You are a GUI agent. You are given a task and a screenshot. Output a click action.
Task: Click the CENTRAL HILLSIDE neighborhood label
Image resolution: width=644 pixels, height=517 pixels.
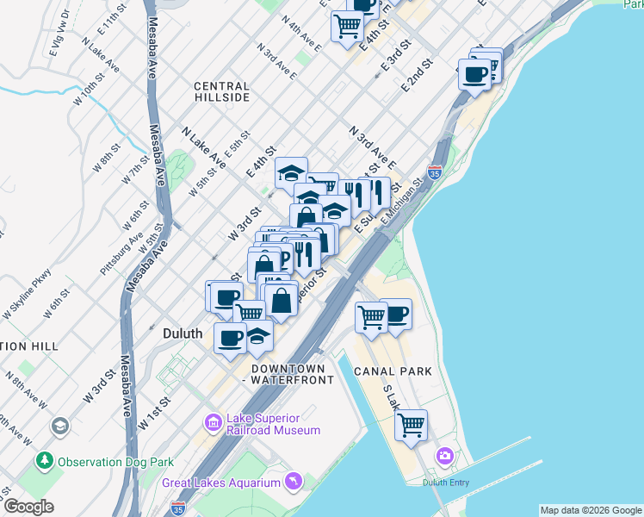pos(221,91)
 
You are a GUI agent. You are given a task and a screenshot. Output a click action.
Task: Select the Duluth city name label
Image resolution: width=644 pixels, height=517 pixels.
pos(183,333)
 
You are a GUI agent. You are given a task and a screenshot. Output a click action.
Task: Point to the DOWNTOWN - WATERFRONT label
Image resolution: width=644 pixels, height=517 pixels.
pos(288,373)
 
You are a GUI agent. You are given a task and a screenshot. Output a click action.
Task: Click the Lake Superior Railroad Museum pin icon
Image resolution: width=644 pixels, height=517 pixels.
pos(213,422)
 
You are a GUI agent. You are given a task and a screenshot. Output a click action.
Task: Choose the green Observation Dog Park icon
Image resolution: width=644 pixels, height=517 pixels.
pos(44,461)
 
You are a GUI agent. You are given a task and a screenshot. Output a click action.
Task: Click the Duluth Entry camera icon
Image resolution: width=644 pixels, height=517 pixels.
pos(444,455)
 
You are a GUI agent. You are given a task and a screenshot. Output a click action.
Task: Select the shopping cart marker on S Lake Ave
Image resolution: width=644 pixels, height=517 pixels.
pos(412,424)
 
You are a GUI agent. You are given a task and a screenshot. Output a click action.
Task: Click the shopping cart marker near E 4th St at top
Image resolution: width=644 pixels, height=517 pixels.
pos(347,25)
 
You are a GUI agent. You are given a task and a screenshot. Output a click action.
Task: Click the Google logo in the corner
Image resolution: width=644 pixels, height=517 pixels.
pos(28,507)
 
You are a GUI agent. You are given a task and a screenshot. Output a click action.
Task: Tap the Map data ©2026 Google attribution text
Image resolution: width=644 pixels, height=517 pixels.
pos(590,510)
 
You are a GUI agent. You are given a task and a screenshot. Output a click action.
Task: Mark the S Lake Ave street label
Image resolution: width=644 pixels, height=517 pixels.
pos(393,397)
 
